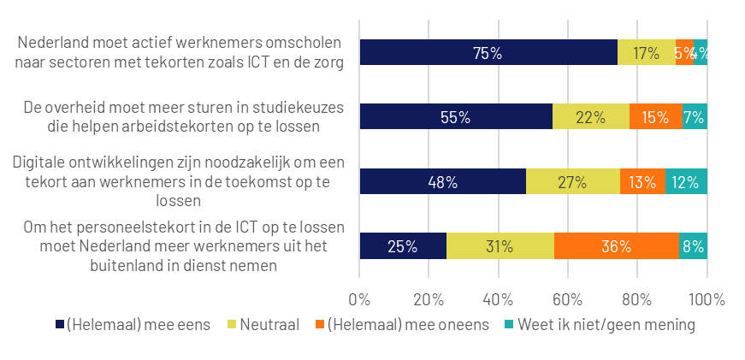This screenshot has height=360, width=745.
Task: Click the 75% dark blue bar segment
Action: [x=488, y=53]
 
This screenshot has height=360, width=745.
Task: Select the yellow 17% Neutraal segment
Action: [x=646, y=53]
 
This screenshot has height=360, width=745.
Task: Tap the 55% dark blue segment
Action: [x=456, y=117]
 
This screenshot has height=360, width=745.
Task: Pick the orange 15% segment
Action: [x=655, y=117]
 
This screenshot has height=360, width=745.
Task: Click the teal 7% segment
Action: [x=695, y=117]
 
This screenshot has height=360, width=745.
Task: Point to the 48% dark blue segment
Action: [x=442, y=182]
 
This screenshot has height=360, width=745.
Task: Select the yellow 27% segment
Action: [x=572, y=182]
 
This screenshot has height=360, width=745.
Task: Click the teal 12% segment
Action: [x=686, y=182]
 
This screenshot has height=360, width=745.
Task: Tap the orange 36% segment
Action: [x=616, y=246]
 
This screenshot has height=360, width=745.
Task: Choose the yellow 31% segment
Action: [x=500, y=246]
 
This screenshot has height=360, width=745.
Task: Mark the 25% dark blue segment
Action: [x=402, y=246]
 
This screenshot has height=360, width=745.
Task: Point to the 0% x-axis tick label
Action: [x=359, y=300]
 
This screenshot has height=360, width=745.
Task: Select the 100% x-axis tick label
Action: [x=707, y=300]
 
